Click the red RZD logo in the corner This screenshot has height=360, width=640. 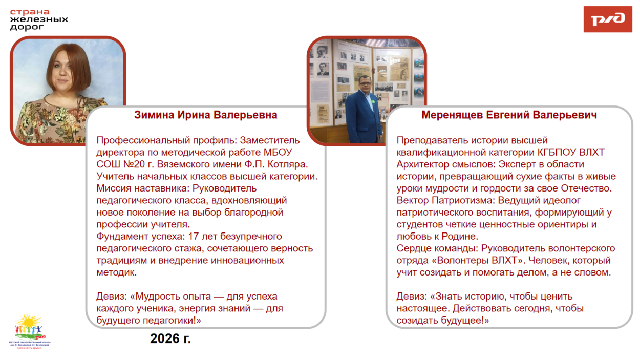[x=607, y=19]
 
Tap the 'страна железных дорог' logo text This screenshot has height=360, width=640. [x=39, y=19]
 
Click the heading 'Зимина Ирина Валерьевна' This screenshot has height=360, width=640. [x=206, y=115]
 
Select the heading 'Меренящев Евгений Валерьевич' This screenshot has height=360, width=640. [x=509, y=115]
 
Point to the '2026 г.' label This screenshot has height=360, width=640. [x=170, y=338]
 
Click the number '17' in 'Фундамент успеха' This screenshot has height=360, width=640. [x=194, y=236]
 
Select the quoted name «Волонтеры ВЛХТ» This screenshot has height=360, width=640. [x=476, y=260]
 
